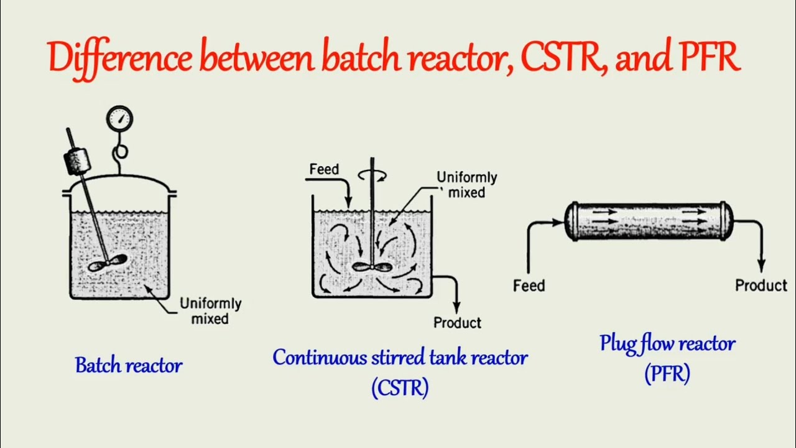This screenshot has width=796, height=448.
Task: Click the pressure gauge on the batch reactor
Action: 119,119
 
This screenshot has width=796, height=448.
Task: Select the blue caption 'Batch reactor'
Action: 129,365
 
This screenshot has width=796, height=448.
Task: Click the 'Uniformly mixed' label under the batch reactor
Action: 210,311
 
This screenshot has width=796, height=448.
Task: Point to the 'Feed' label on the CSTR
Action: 324,169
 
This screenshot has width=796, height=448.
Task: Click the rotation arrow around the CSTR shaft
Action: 373,176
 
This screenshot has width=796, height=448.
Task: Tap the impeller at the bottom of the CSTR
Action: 372,267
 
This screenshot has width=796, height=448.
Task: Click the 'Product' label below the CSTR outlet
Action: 457,322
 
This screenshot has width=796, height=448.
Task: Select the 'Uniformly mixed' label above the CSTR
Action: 466,185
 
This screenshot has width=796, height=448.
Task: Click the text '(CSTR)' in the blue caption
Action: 400,388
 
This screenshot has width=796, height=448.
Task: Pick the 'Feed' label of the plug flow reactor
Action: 529,286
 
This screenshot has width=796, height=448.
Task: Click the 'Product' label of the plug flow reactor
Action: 761,285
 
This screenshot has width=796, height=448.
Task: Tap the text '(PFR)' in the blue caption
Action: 667,374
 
